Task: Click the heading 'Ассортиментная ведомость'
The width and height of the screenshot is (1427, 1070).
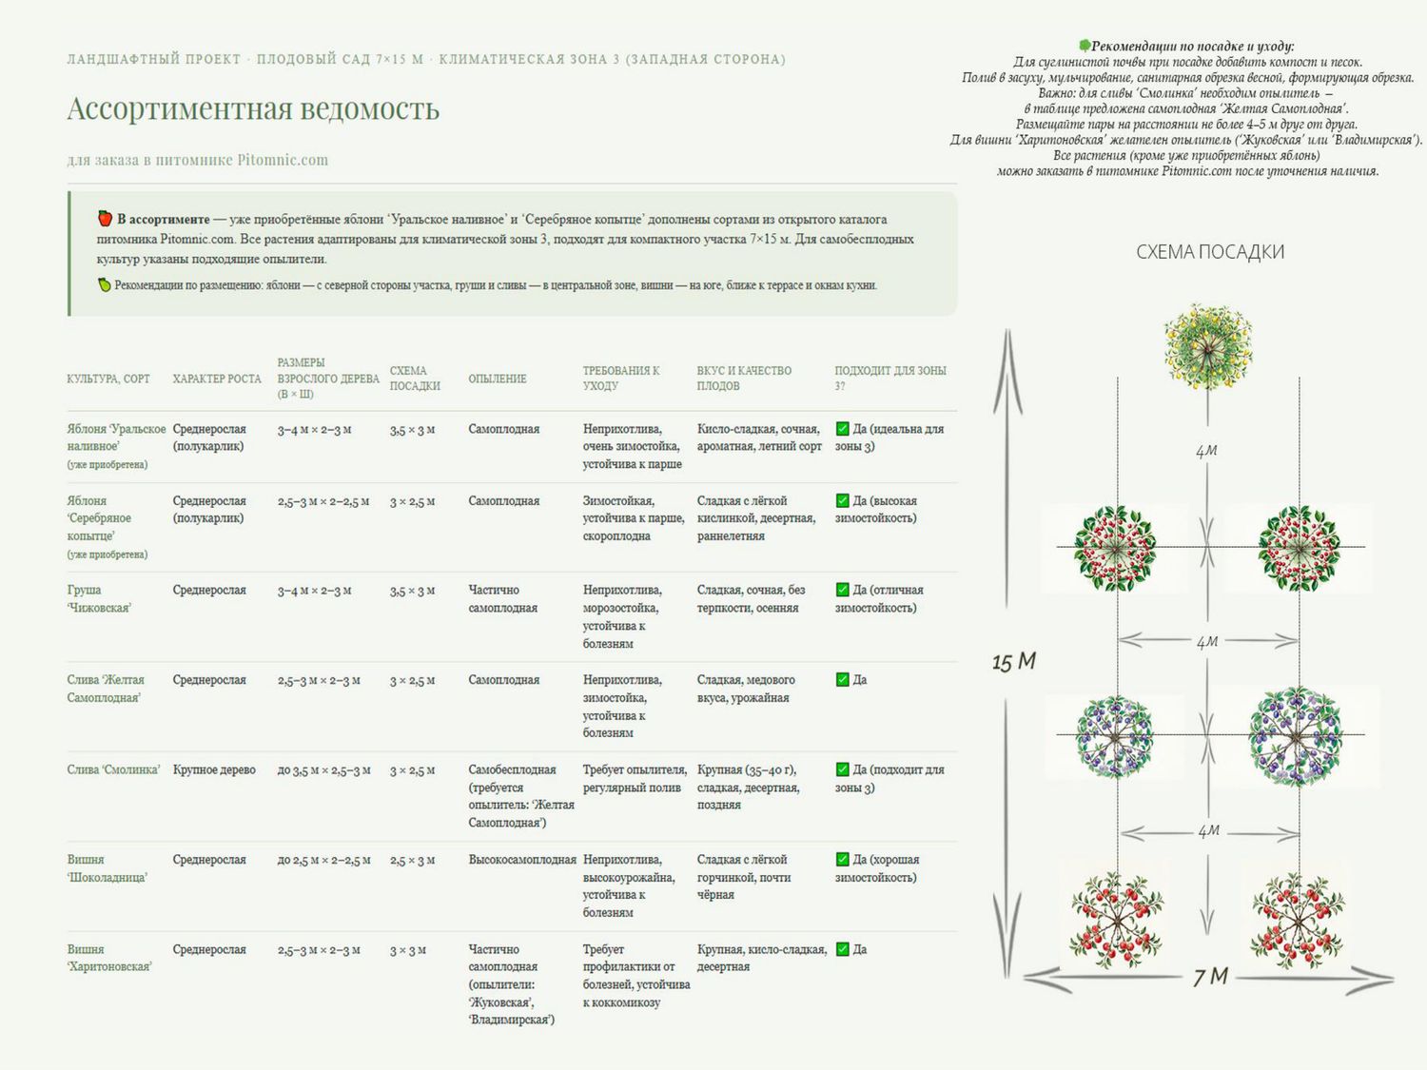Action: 253,108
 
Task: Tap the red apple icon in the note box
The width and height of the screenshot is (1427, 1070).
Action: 105,219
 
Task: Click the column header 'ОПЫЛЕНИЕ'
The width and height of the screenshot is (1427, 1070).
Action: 498,379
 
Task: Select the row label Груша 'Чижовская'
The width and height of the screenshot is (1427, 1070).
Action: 99,598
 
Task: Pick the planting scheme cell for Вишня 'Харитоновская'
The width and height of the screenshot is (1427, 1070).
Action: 407,950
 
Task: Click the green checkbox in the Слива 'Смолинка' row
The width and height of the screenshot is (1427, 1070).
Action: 842,769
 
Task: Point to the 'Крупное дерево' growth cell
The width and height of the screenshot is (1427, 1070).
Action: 214,769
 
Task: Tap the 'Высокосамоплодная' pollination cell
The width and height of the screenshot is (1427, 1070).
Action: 522,860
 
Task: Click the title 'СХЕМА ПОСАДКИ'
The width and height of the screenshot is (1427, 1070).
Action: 1210,252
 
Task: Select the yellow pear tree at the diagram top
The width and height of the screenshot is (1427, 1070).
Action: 1208,347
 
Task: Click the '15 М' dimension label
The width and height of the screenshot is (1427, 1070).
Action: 1013,662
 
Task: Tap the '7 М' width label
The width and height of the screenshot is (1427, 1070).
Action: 1210,977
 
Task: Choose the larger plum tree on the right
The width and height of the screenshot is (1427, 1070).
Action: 1296,736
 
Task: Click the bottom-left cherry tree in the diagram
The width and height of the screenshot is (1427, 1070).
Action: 1117,920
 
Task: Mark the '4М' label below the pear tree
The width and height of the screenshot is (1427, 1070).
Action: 1206,450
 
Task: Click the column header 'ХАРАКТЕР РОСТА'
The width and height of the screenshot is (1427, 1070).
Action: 217,379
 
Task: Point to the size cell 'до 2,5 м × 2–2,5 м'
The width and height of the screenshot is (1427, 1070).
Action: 323,860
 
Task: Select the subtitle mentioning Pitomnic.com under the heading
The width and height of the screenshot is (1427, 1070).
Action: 198,160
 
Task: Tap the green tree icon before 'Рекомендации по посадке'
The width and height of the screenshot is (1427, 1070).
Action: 1085,46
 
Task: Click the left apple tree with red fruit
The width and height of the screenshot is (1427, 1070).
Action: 1115,549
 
